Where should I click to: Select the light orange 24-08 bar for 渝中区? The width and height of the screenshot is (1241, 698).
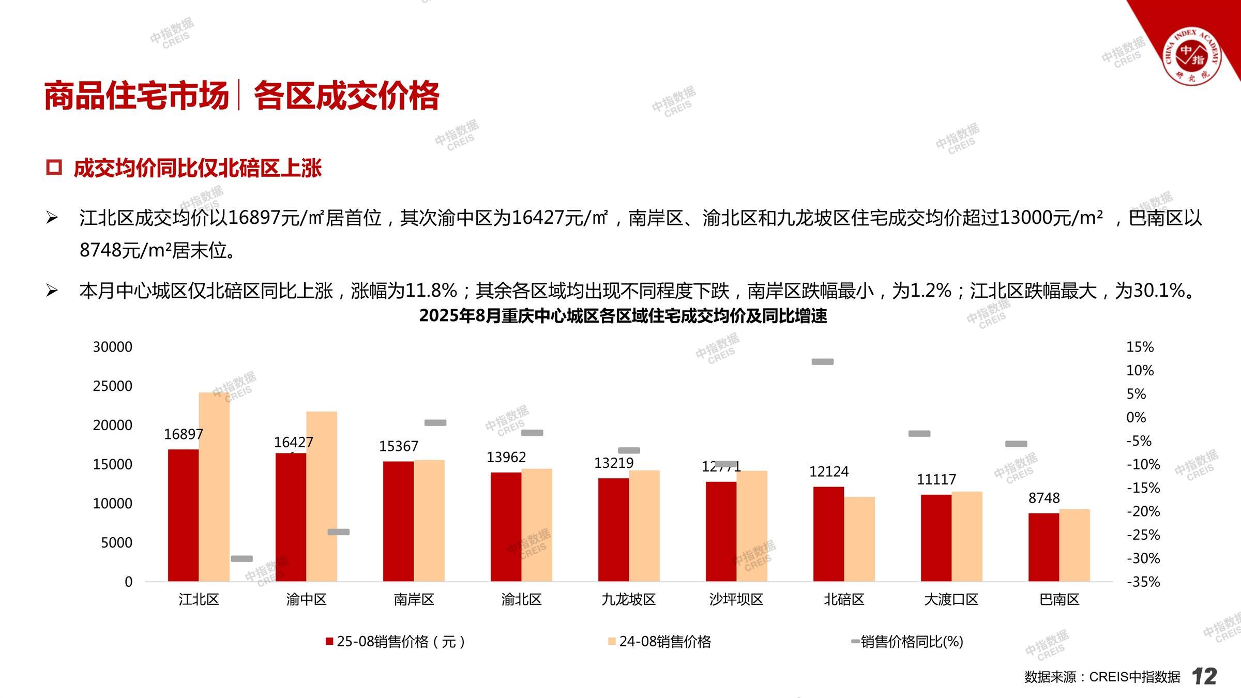[322, 496]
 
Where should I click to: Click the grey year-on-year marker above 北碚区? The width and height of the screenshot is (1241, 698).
[822, 362]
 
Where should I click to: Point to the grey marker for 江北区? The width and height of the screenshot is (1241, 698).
[241, 558]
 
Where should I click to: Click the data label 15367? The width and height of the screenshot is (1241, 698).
[398, 446]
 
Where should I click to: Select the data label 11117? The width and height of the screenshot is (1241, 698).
[936, 479]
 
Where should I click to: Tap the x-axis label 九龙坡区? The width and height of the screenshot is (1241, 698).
[628, 599]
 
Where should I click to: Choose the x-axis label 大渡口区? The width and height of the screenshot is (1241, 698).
[951, 599]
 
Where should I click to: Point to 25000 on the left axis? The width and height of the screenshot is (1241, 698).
[112, 386]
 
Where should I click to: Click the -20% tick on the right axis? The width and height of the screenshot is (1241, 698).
[1143, 511]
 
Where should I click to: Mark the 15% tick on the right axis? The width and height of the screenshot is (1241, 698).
[1140, 347]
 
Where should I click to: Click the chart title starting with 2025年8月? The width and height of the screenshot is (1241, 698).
[623, 315]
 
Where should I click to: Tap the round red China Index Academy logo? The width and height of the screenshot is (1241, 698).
[1191, 57]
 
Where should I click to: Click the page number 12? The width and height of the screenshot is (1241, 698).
[1204, 676]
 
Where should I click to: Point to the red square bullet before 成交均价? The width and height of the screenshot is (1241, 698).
[54, 168]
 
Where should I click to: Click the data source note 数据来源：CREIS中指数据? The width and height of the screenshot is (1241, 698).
[1102, 677]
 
